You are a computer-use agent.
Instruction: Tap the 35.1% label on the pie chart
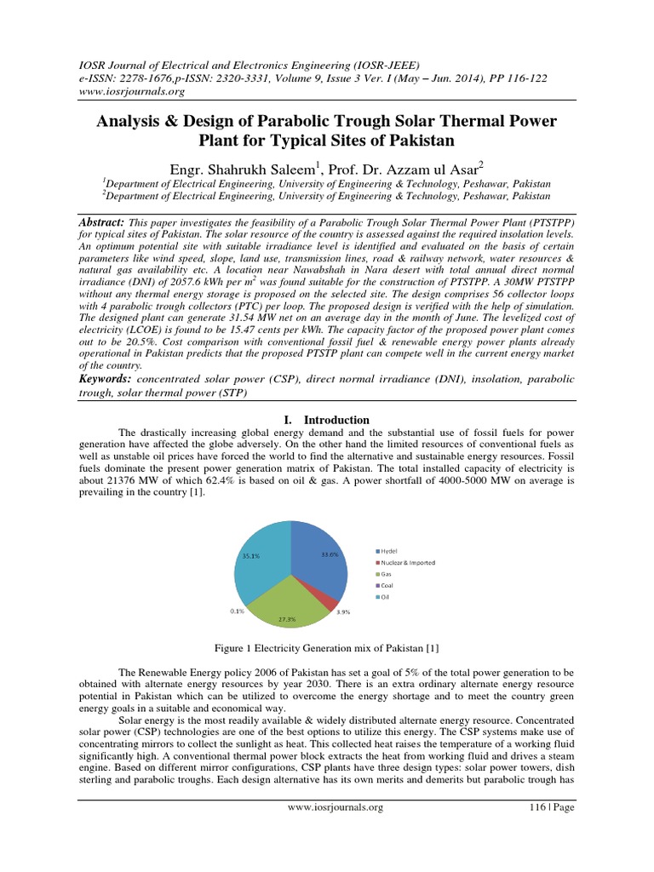pyautogui.click(x=250, y=555)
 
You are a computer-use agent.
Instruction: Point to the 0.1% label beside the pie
pyautogui.click(x=238, y=611)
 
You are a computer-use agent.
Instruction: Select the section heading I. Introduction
pyautogui.click(x=326, y=420)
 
